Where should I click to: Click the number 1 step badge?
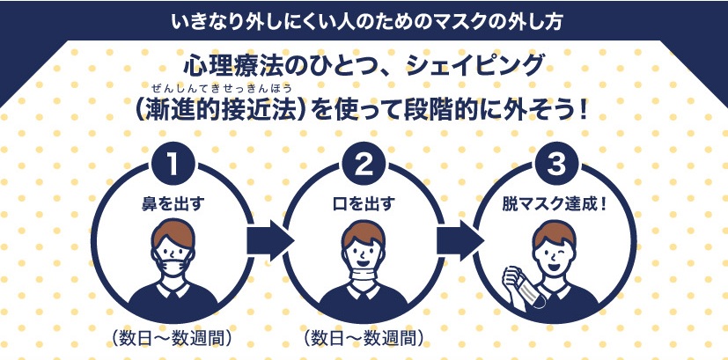(x=173, y=165)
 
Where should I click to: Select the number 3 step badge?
(x=555, y=165)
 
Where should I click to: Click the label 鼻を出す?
(x=173, y=204)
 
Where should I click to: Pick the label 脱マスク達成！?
(x=555, y=204)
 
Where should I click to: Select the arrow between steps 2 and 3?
(x=460, y=238)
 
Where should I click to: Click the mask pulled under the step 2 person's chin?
(x=364, y=279)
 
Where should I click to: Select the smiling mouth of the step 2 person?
(x=364, y=263)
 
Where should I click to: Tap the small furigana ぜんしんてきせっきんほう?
(x=228, y=89)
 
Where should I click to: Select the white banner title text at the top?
(x=364, y=18)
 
